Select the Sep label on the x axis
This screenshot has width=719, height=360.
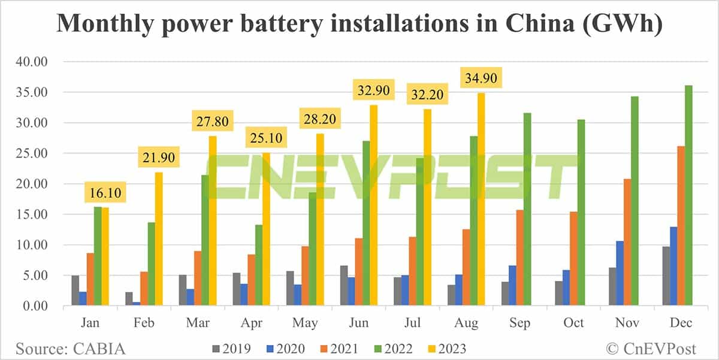point(519,323)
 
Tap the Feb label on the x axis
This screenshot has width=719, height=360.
point(144,323)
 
